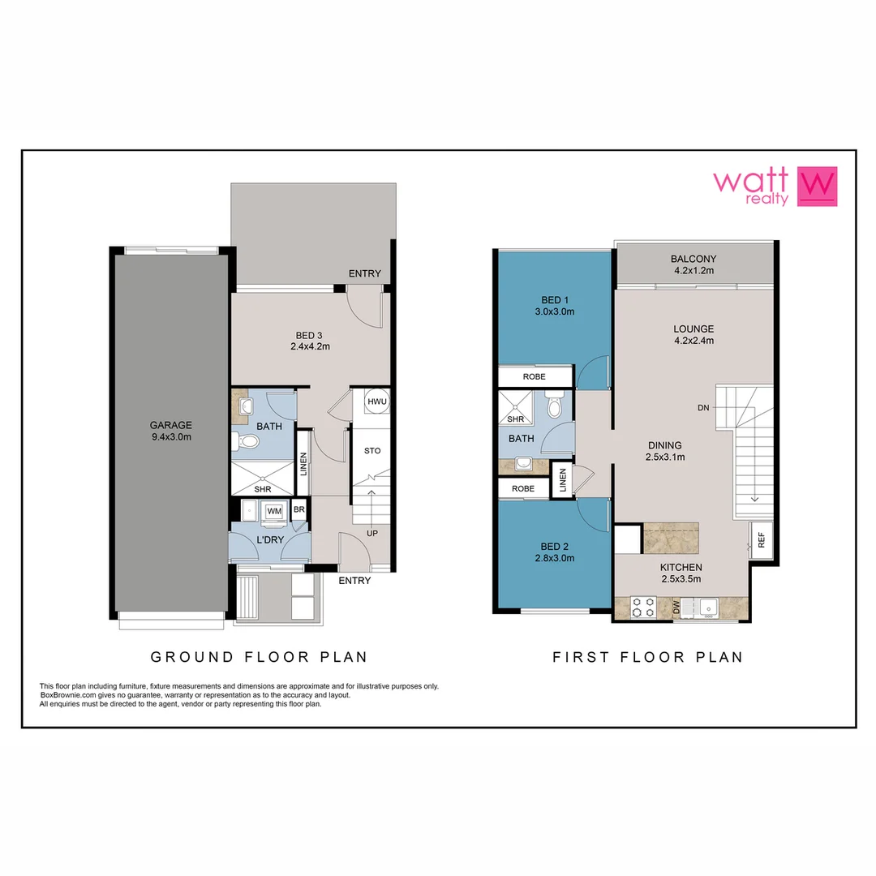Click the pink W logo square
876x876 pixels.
[x=817, y=187]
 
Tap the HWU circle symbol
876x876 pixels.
[x=377, y=402]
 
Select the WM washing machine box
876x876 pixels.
[x=274, y=510]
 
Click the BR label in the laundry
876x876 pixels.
[x=299, y=510]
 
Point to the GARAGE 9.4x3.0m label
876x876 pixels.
[x=170, y=431]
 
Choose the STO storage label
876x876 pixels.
[x=372, y=451]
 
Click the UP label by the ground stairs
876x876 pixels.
[x=373, y=533]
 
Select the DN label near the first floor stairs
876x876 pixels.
[x=703, y=408]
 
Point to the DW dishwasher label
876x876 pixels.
[x=676, y=607]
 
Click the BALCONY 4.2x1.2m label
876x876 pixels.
[x=693, y=264]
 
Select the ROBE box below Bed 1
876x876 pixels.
[x=535, y=377]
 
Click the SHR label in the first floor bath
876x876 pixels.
[x=515, y=419]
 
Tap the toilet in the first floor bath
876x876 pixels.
[x=556, y=406]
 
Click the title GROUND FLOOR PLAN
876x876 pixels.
[x=260, y=657]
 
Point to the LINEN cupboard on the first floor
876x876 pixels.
[x=561, y=480]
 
